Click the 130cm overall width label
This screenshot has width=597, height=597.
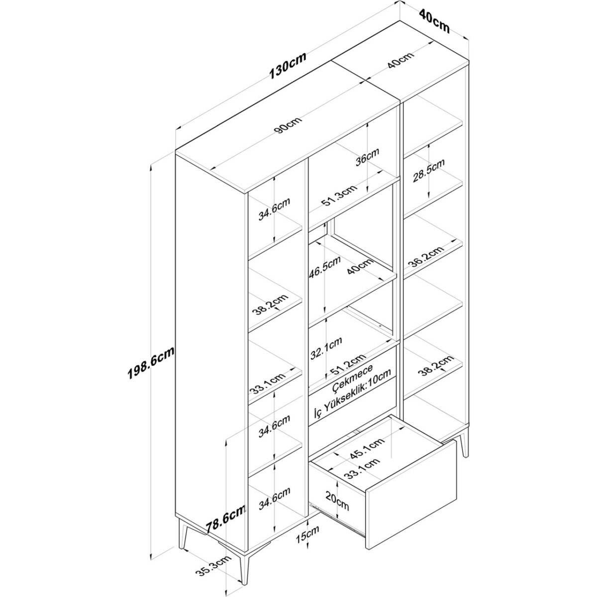288,70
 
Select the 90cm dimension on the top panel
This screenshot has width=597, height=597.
288,125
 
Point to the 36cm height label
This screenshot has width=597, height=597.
367,157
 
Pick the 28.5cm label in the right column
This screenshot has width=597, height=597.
428,171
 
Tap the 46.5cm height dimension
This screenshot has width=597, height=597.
325,267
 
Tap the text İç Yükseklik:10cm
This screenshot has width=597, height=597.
352,394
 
